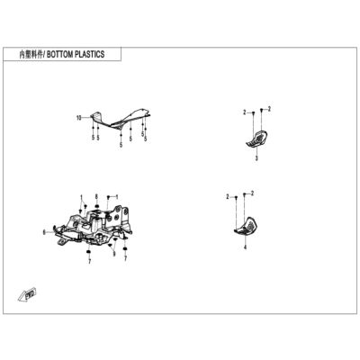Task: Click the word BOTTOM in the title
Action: pyautogui.click(x=59, y=54)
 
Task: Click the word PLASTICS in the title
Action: pyautogui.click(x=89, y=54)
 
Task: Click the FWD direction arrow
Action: pyautogui.click(x=27, y=293)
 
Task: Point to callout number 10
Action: pyautogui.click(x=78, y=118)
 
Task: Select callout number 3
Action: pyautogui.click(x=256, y=158)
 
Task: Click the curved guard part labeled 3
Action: pyautogui.click(x=257, y=139)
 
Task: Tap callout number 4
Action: pyautogui.click(x=245, y=247)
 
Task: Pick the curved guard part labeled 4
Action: pyautogui.click(x=246, y=226)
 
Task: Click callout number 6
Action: pyautogui.click(x=44, y=232)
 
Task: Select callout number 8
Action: pyautogui.click(x=96, y=196)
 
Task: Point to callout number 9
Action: pyautogui.click(x=113, y=255)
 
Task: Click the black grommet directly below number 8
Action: pyautogui.click(x=96, y=207)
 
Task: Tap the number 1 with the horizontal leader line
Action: pyautogui.click(x=117, y=196)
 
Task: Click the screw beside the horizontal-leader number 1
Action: pyautogui.click(x=108, y=197)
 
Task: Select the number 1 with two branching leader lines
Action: pyautogui.click(x=81, y=197)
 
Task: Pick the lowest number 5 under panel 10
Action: pyautogui.click(x=121, y=145)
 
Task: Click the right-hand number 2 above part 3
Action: pyautogui.click(x=269, y=109)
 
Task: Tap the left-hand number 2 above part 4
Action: pyautogui.click(x=228, y=197)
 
